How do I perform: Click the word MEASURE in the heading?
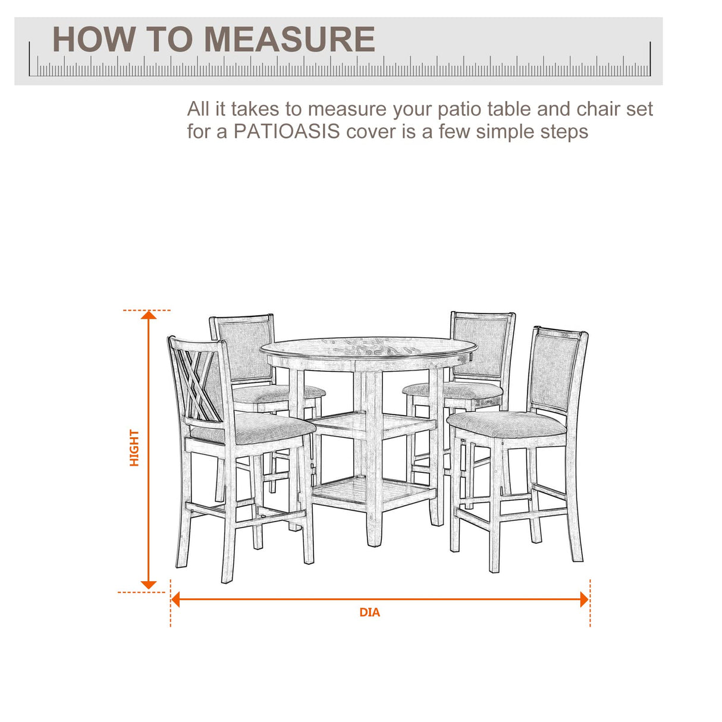coord(290,40)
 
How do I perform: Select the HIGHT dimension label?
coord(134,448)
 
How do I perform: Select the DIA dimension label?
coord(369,613)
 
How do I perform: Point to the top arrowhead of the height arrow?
coord(149,315)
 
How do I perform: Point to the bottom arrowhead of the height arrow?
coord(149,585)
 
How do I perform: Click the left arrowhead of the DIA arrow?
coord(175,599)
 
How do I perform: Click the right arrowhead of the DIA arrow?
coord(584,599)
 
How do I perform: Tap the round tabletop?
coord(369,347)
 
